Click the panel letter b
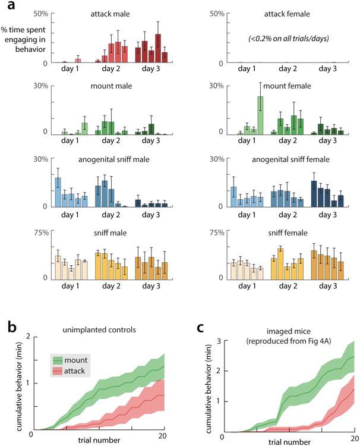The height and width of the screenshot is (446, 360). click(8, 326)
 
